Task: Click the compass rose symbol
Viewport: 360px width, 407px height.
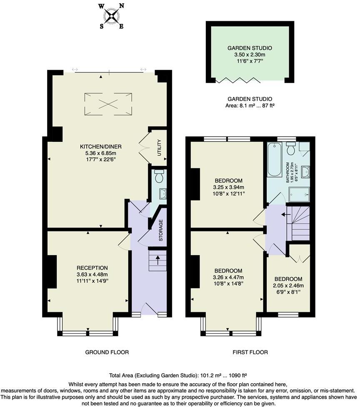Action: tap(111, 17)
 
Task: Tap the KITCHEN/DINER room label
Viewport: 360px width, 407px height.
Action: tap(101, 146)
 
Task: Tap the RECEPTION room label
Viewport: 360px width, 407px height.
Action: tap(92, 268)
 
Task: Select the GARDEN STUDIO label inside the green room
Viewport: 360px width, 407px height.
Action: tap(250, 48)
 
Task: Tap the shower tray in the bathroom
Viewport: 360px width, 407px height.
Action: tap(300, 194)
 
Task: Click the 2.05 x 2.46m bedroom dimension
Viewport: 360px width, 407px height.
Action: tap(288, 286)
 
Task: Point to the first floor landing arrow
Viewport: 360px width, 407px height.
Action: tap(285, 215)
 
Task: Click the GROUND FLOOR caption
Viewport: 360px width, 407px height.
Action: tap(107, 352)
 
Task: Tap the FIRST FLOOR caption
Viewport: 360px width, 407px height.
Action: tap(250, 352)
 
